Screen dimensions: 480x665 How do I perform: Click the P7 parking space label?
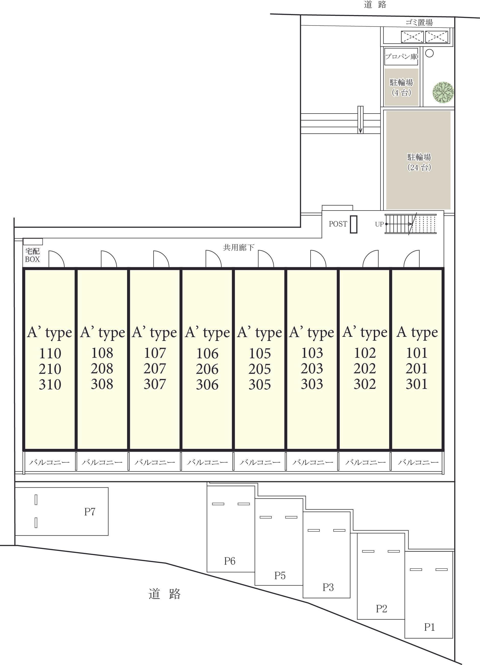[90, 512]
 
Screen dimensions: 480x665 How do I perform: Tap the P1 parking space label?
[429, 627]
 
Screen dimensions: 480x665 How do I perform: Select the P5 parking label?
[280, 576]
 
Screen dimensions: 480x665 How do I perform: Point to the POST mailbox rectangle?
[354, 224]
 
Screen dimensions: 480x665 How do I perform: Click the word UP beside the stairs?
[379, 224]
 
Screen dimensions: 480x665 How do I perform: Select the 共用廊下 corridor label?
[239, 248]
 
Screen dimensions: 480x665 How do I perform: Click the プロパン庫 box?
[401, 57]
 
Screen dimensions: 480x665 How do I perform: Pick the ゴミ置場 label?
[419, 22]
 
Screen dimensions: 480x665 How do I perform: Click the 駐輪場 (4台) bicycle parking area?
[401, 87]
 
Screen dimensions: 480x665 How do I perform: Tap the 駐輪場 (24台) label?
[419, 162]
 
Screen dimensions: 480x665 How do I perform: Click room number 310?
[50, 384]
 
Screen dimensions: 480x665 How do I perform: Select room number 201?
[417, 368]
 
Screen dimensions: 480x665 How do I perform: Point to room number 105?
[260, 353]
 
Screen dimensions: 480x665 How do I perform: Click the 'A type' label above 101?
[417, 332]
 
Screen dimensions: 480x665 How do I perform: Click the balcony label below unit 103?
[313, 462]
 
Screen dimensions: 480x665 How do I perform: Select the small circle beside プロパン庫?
[429, 53]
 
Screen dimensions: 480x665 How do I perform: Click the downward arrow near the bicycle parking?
[360, 120]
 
